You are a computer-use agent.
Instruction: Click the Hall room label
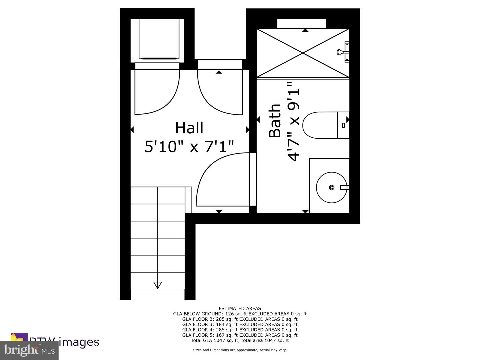point(189,128)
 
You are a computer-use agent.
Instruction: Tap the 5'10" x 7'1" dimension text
point(189,146)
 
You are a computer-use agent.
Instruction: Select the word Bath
point(275,121)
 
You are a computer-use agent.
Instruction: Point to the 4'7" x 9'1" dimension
point(294,121)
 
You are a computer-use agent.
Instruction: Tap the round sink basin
point(331,187)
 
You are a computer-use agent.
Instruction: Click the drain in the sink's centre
point(332,187)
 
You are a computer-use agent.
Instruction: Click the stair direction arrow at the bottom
point(157,285)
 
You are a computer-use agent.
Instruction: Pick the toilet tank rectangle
point(343,125)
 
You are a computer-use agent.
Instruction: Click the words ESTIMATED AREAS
point(240,308)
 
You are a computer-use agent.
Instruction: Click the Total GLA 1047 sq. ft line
point(240,340)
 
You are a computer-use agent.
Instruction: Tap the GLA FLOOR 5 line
point(240,335)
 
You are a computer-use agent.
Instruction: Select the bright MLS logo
point(29,350)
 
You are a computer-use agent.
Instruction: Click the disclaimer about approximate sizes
point(240,350)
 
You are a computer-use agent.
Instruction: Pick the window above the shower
point(301,24)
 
